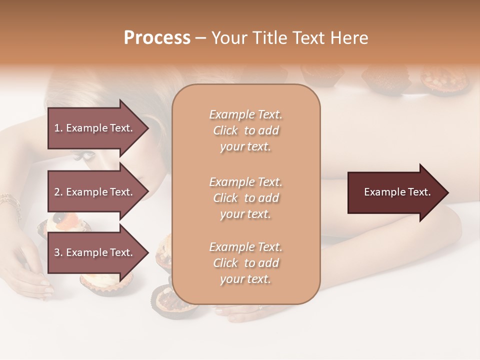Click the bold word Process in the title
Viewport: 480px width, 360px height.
pos(157,38)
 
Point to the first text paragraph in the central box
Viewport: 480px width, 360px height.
pos(245,130)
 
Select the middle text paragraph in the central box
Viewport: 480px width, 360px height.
pos(245,198)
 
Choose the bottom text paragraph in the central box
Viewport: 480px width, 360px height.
pos(245,263)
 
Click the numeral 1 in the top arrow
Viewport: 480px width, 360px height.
pos(57,128)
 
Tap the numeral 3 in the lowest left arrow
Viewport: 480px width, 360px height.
pos(57,253)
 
